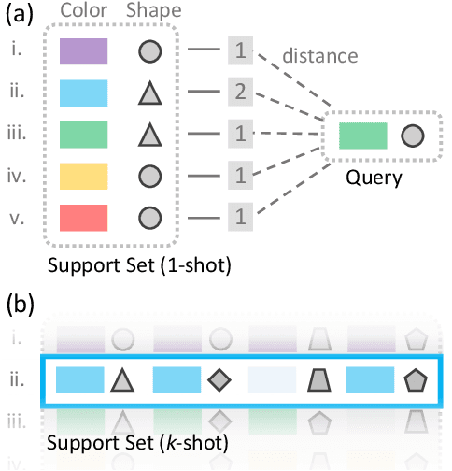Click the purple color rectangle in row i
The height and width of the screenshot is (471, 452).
83,51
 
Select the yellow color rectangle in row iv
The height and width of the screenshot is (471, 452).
83,175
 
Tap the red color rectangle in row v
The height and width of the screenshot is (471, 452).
83,217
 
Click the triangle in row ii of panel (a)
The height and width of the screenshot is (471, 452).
147,93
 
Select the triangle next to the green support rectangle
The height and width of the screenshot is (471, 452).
147,135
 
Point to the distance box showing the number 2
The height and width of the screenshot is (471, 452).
240,93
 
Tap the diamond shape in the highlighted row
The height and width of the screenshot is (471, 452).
219,379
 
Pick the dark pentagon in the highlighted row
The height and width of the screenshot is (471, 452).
414,379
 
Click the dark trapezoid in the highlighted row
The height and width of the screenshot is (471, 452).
317,379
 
